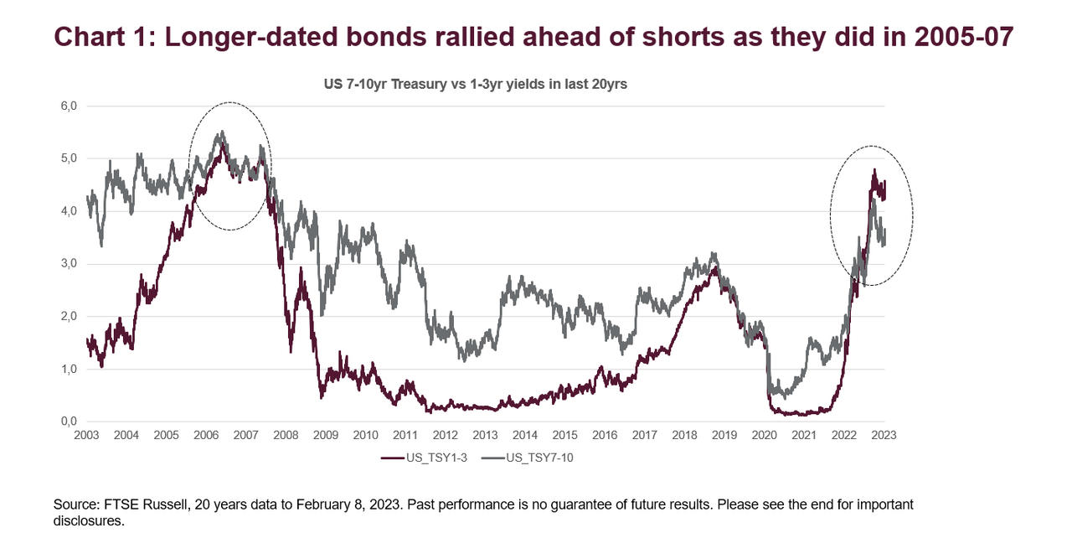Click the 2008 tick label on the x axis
coord(286,436)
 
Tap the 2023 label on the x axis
coord(884,436)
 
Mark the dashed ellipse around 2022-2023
coord(872,215)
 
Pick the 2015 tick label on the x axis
coord(565,436)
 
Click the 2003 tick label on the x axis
coord(87,436)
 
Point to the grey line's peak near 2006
coord(222,132)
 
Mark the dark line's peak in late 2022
coord(874,170)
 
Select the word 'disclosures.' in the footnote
coord(89,520)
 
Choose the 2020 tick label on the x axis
coord(765,436)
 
